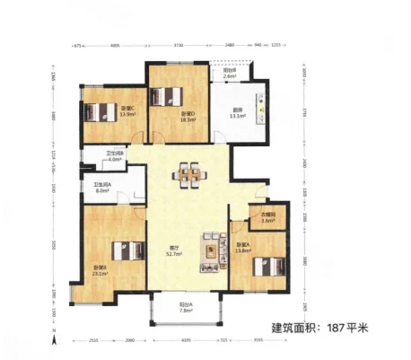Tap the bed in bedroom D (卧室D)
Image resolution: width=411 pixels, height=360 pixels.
pos(166,96)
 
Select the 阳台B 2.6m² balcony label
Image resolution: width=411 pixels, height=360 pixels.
pos(229,74)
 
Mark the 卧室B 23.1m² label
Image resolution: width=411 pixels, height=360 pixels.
pos(100,272)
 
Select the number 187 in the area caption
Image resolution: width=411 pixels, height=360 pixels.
pos(336,329)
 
